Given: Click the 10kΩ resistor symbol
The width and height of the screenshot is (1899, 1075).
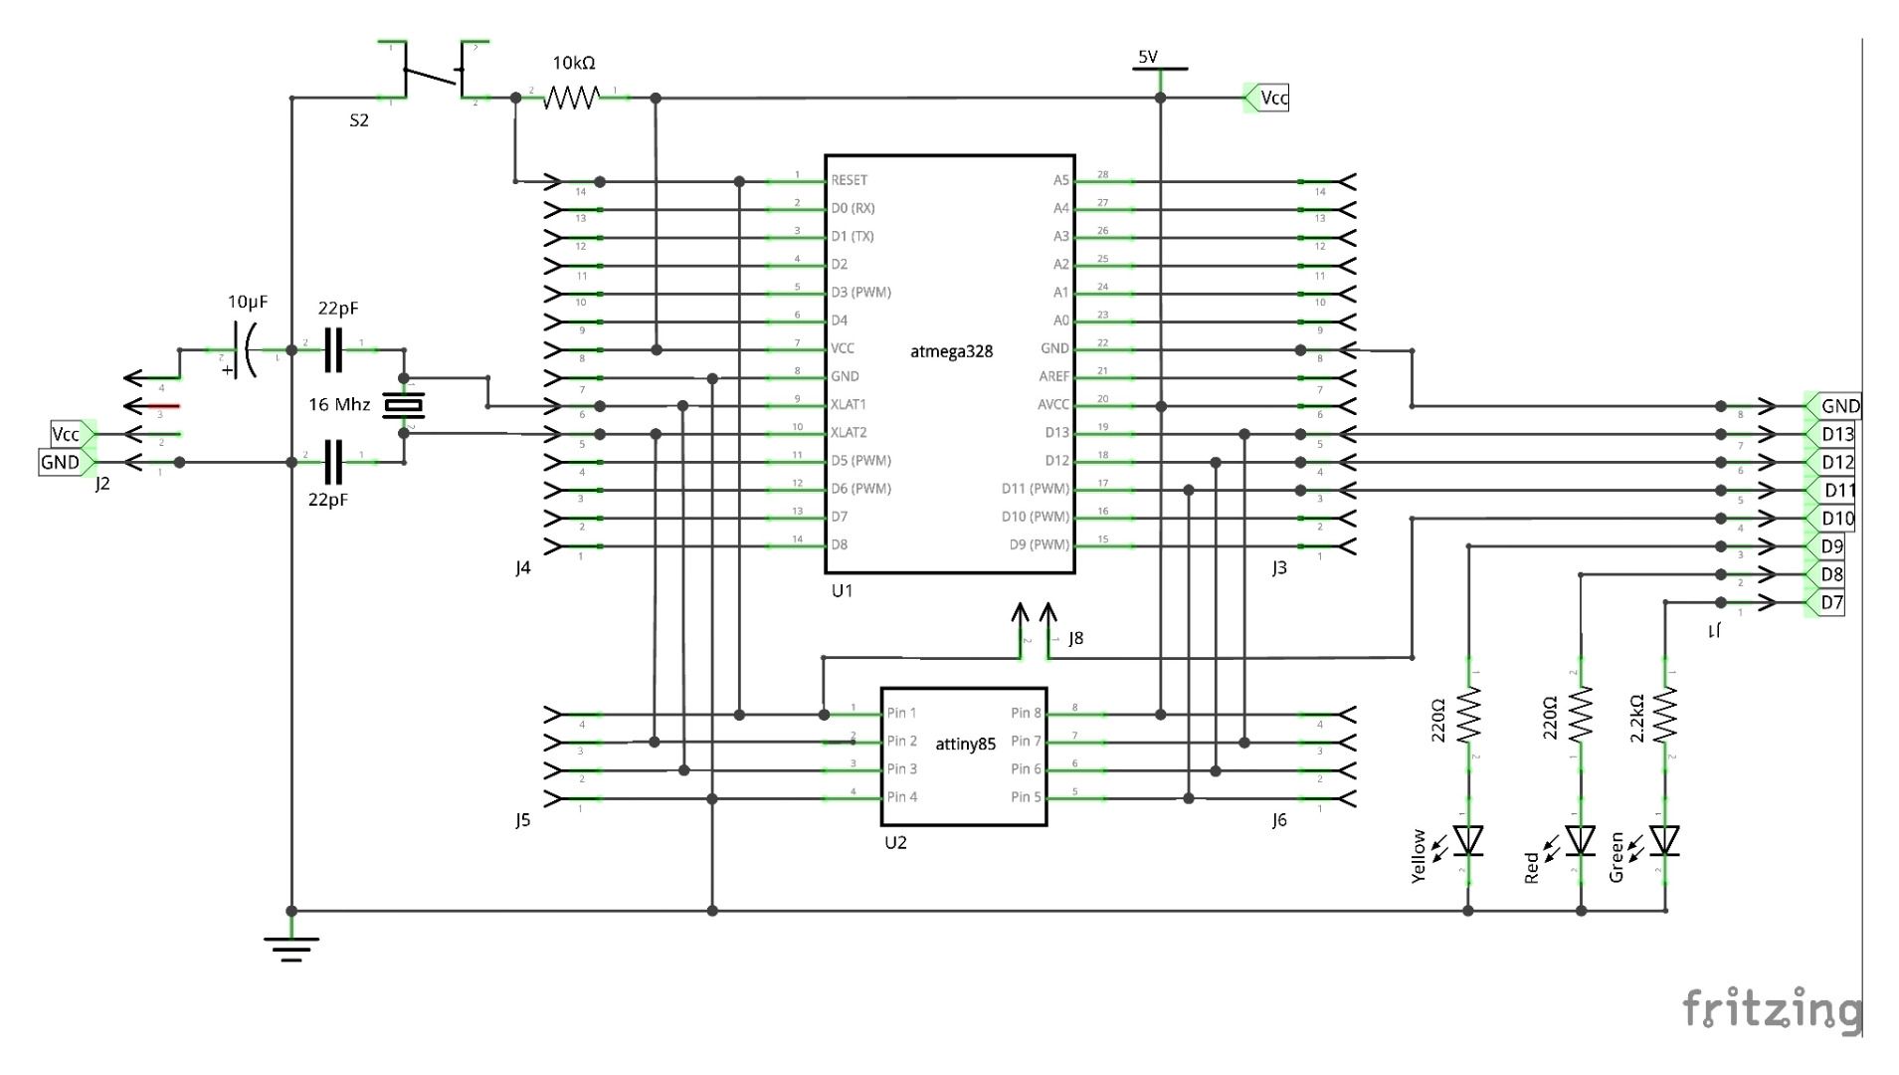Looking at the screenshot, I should pyautogui.click(x=572, y=98).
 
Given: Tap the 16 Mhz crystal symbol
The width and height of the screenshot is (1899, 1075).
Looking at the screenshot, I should pyautogui.click(x=404, y=406).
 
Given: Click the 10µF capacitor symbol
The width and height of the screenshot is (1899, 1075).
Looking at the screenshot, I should pyautogui.click(x=245, y=350).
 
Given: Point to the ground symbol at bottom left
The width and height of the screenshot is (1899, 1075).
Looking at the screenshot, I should pyautogui.click(x=291, y=948).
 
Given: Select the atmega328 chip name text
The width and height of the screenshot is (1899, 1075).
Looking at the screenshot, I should pyautogui.click(x=951, y=351).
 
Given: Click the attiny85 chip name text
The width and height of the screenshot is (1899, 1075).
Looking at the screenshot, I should pyautogui.click(x=965, y=745).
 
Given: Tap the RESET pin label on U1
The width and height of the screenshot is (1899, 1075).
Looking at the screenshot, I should pyautogui.click(x=849, y=180).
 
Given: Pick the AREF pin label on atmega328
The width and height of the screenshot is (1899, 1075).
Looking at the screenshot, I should pyautogui.click(x=1053, y=376).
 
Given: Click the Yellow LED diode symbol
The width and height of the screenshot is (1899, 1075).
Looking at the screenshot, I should pyautogui.click(x=1468, y=841).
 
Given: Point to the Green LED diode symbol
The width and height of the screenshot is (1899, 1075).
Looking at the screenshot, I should pyautogui.click(x=1665, y=841).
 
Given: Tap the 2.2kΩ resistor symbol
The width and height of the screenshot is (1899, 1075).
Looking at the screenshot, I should pyautogui.click(x=1665, y=715).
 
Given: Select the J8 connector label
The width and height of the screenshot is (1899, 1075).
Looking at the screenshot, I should pyautogui.click(x=1075, y=639).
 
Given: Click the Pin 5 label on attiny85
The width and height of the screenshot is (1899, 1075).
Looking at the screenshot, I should pyautogui.click(x=1026, y=797).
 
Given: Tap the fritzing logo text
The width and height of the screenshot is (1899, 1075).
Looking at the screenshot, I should pyautogui.click(x=1771, y=1009).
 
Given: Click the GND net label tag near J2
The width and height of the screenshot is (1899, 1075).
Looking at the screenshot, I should pyautogui.click(x=62, y=463).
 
